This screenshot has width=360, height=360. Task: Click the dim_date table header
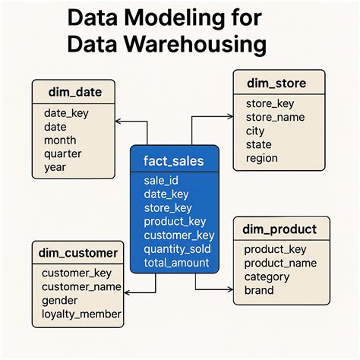[x=74, y=93]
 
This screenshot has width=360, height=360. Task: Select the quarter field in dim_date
[x=62, y=154]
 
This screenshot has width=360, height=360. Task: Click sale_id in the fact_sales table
[x=160, y=181]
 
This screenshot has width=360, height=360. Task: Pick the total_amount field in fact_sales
[x=176, y=263]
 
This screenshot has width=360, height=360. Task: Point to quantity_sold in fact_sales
[x=177, y=249]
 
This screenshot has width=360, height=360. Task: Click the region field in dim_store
[x=262, y=158]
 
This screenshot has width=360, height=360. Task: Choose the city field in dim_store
[x=256, y=131]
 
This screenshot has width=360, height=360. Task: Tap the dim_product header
[x=280, y=229]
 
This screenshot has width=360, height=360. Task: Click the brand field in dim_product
[x=259, y=290]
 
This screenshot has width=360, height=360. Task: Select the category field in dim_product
[x=267, y=276]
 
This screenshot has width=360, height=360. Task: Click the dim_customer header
[x=79, y=253]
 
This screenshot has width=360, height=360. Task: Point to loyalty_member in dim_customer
[x=81, y=314]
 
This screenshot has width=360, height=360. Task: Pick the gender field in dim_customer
[x=59, y=300]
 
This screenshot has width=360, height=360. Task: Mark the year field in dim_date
[x=55, y=168]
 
